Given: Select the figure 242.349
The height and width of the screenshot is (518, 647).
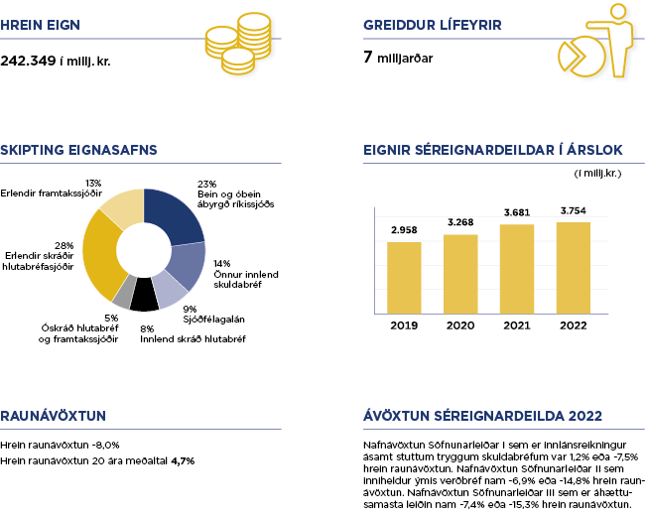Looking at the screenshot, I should pos(29,60).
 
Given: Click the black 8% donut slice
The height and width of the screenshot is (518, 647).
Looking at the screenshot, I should pos(144,295).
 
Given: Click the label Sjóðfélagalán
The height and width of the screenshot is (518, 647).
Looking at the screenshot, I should pos(212,320).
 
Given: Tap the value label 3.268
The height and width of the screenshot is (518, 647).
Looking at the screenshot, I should pos(460,221).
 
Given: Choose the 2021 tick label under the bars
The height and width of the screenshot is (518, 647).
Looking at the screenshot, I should pos(517,325).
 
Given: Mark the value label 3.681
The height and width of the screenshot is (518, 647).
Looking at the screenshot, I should pos(517,212).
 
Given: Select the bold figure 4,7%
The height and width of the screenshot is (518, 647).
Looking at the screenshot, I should pos(183,460).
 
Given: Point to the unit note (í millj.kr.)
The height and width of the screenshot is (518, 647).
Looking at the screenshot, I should pos(597,174).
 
